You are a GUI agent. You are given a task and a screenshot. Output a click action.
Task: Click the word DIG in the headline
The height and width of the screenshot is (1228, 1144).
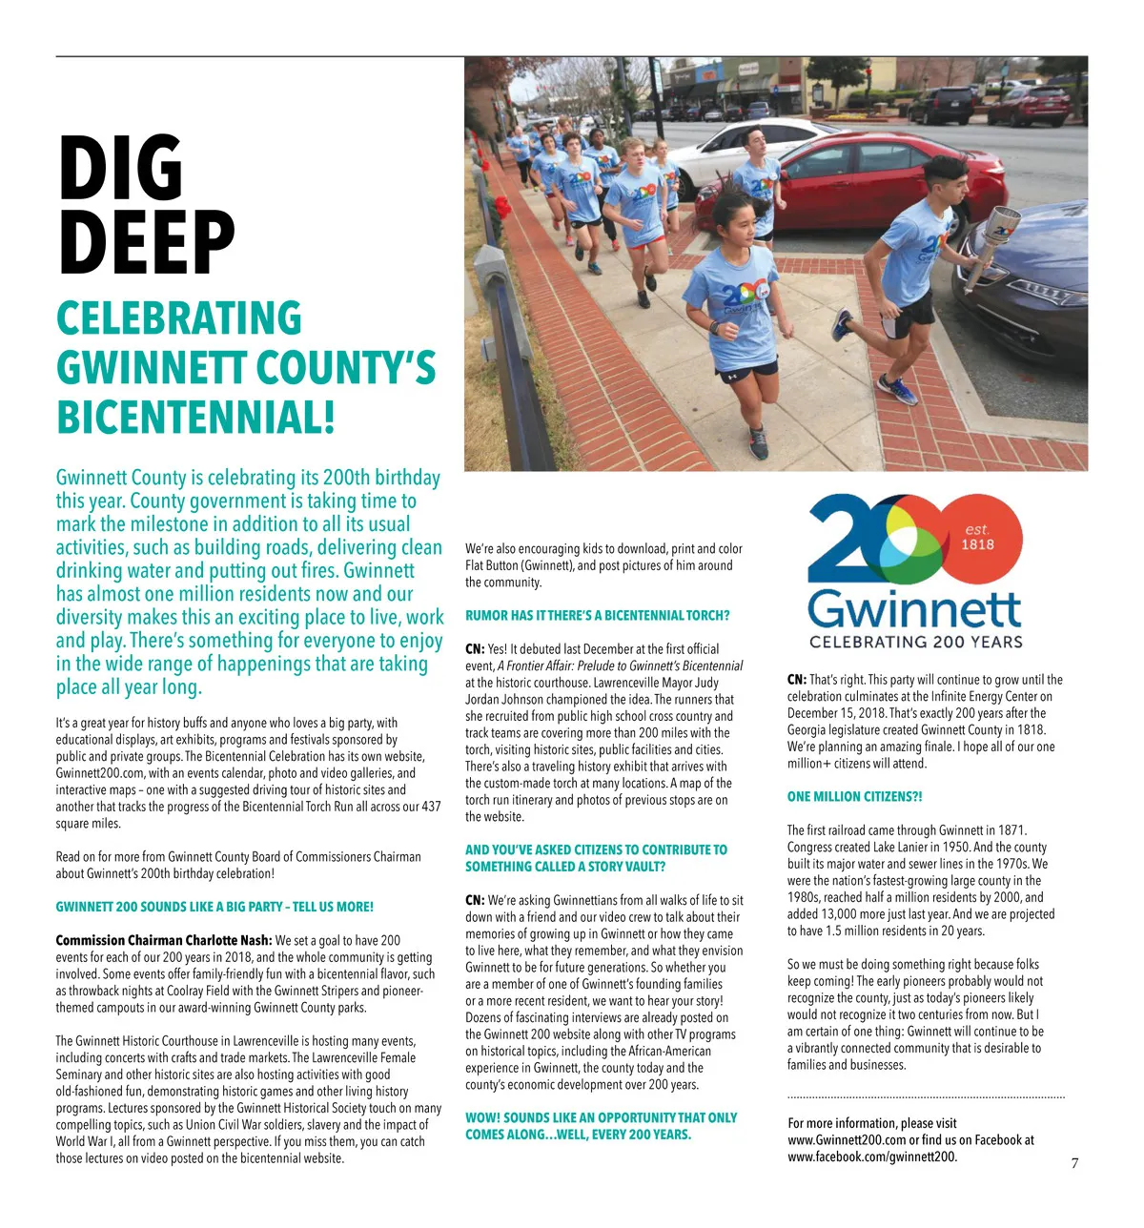(120, 169)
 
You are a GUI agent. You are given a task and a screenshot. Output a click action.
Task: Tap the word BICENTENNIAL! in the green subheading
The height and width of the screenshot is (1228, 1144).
(195, 418)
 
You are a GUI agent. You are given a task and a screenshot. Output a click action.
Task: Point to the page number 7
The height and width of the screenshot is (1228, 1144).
(1074, 1162)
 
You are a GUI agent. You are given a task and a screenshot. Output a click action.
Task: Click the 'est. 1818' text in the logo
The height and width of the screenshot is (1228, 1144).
(977, 538)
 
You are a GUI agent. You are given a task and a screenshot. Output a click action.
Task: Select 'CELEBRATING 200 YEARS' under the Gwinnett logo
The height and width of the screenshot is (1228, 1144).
(915, 642)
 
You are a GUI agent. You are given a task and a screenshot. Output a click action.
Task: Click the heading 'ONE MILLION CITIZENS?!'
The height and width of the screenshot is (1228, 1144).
(854, 796)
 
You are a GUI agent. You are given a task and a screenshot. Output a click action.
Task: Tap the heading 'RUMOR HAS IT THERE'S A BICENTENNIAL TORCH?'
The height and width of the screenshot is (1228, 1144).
(597, 615)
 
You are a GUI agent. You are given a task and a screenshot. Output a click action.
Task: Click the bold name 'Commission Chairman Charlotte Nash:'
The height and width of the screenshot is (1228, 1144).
(164, 940)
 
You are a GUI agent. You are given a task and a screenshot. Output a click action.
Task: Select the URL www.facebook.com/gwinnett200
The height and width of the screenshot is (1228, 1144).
(871, 1156)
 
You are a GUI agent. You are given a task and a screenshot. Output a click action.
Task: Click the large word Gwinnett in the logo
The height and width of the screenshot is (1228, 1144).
(914, 607)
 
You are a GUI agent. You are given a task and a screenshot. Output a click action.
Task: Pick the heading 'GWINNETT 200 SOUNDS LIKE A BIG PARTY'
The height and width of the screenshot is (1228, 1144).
(214, 907)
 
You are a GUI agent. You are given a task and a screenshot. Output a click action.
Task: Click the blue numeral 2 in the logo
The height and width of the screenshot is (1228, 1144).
(844, 539)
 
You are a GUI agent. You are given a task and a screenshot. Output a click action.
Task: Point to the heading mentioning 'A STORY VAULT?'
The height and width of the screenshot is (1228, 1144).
(596, 858)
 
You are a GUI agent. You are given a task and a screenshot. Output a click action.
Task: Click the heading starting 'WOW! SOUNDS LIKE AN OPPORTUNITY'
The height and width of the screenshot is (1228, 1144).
(601, 1126)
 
